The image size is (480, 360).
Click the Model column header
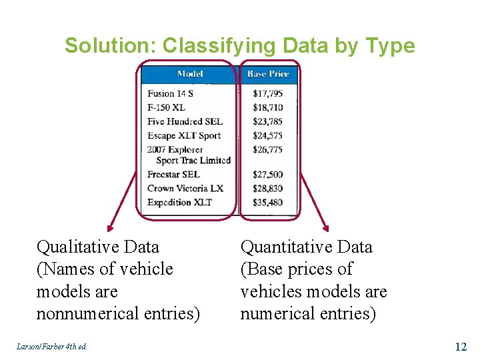190,73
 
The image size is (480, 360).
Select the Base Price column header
268,73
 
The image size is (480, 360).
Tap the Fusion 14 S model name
170,93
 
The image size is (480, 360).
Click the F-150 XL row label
166,107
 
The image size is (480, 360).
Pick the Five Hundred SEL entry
185,121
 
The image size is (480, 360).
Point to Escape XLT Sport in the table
185,135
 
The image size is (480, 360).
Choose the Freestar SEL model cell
173,175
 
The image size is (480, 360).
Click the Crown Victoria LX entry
185,189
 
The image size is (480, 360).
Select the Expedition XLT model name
179,203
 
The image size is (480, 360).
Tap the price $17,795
268,93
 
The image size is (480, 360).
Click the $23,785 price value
268,121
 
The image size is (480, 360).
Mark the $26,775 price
268,149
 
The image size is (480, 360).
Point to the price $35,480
268,203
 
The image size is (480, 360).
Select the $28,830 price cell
268,189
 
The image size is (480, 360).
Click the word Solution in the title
111,46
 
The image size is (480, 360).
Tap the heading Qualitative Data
98,247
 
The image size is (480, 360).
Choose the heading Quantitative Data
306,247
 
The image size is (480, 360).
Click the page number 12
460,347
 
